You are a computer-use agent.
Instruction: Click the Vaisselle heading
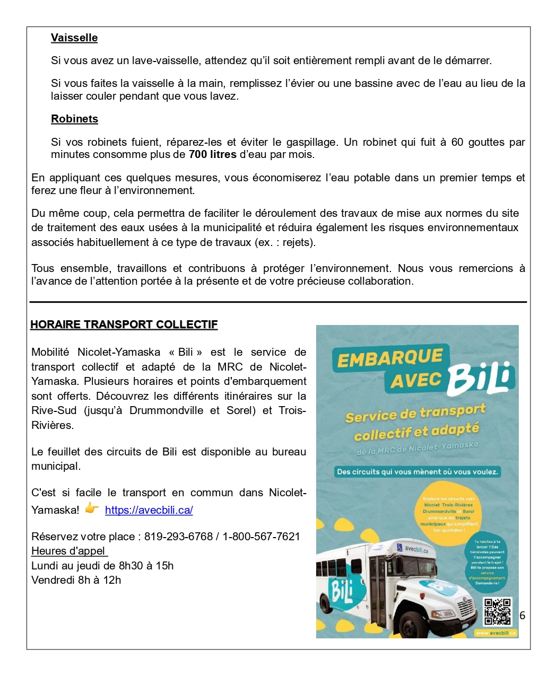pyautogui.click(x=74, y=38)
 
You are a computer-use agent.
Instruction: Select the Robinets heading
pyautogui.click(x=74, y=119)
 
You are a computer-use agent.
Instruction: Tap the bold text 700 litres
pyautogui.click(x=212, y=155)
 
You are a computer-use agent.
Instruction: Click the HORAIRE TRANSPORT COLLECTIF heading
pyautogui.click(x=124, y=324)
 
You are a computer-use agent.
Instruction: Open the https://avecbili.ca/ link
pyautogui.click(x=149, y=510)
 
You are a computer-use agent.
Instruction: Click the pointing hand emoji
pyautogui.click(x=92, y=508)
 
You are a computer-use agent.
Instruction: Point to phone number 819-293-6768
pyautogui.click(x=178, y=537)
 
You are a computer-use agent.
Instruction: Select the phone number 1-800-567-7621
pyautogui.click(x=261, y=537)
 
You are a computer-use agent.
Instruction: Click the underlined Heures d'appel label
pyautogui.click(x=69, y=551)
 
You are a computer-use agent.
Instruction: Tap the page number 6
pyautogui.click(x=522, y=615)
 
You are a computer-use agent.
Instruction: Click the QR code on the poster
pyautogui.click(x=498, y=611)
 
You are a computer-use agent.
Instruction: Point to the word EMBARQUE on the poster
pyautogui.click(x=390, y=359)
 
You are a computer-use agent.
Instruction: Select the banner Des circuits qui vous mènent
pyautogui.click(x=417, y=471)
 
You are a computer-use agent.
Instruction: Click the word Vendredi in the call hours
pyautogui.click(x=53, y=580)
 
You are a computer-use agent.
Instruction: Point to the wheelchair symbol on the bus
pyautogui.click(x=399, y=547)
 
